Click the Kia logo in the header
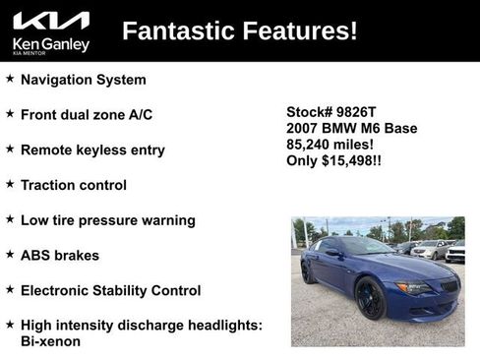tap(51, 21)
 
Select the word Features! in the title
tap(300, 30)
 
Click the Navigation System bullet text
tap(84, 80)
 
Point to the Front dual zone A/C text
tap(87, 115)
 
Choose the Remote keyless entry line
tap(92, 150)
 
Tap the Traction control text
tap(74, 185)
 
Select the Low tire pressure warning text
tap(108, 220)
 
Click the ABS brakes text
tap(60, 256)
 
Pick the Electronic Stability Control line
tap(110, 291)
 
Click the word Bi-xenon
tap(50, 341)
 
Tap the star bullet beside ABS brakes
tap(10, 255)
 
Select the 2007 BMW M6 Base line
tap(351, 128)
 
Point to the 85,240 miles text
tap(330, 144)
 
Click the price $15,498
tap(355, 159)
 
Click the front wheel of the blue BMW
tap(371, 297)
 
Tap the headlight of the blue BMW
tap(413, 288)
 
